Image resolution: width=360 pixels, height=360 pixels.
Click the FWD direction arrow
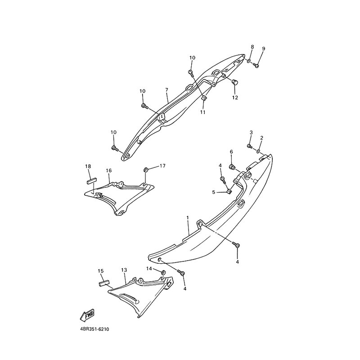[x=87, y=315]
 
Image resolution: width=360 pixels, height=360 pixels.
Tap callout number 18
[x=88, y=166]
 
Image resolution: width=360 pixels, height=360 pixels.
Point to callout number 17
[x=162, y=166]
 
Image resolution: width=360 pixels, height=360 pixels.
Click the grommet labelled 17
[x=145, y=170]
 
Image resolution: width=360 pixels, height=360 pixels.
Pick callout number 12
[x=235, y=98]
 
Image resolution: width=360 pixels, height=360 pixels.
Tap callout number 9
[x=263, y=49]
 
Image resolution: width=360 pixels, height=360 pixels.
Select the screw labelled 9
[x=256, y=65]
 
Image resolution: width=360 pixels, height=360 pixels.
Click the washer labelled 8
[x=249, y=61]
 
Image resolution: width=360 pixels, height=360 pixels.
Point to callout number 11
[x=203, y=112]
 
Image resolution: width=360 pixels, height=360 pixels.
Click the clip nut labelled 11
[x=204, y=98]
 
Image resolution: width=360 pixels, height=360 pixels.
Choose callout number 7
[x=166, y=89]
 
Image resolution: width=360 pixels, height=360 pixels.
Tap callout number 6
[x=231, y=152]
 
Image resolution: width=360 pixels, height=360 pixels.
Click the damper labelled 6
[x=232, y=166]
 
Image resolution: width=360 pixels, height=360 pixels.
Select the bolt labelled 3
[x=250, y=146]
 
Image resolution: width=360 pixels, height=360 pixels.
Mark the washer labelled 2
[x=258, y=151]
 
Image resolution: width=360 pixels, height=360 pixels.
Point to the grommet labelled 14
[x=163, y=272]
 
